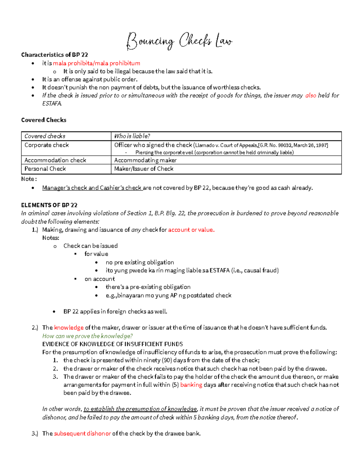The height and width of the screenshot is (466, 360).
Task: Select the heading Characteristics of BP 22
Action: pyautogui.click(x=54, y=55)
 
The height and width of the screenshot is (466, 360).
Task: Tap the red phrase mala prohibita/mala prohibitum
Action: pyautogui.click(x=96, y=63)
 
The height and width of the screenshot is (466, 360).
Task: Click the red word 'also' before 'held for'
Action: pyautogui.click(x=310, y=95)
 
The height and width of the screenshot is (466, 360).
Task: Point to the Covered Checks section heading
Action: pyautogui.click(x=44, y=120)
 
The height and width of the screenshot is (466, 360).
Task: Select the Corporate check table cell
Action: pyautogui.click(x=46, y=145)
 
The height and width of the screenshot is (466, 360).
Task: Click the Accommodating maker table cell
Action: pyautogui.click(x=145, y=160)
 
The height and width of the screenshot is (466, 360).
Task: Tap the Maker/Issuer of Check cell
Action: pyautogui.click(x=144, y=169)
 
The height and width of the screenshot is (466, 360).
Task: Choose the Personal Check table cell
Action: pyautogui.click(x=45, y=169)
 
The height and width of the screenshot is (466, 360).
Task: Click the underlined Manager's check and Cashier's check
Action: pyautogui.click(x=92, y=188)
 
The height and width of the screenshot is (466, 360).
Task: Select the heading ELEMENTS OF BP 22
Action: pyautogui.click(x=49, y=205)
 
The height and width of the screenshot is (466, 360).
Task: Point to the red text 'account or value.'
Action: pyautogui.click(x=191, y=230)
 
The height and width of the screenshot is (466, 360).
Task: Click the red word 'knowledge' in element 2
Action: pyautogui.click(x=69, y=328)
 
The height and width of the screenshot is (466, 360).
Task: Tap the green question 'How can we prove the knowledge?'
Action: pyautogui.click(x=87, y=336)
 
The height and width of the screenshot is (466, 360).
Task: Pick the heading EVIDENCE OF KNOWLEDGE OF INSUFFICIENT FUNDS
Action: pyautogui.click(x=112, y=344)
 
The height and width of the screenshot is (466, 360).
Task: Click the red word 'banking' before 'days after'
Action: pyautogui.click(x=191, y=385)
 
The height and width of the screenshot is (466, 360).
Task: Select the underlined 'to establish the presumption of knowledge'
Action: pyautogui.click(x=140, y=409)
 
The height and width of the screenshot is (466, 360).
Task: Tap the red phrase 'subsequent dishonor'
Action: pyautogui.click(x=82, y=434)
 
